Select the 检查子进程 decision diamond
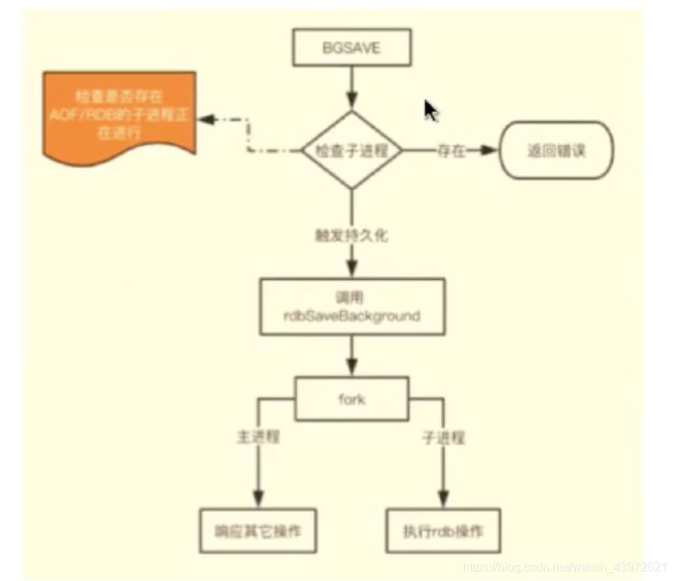352,151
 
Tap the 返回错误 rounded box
557,151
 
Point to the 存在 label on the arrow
451,151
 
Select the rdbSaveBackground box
352,306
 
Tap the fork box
352,399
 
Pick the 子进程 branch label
444,437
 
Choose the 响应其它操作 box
257,532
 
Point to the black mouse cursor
431,111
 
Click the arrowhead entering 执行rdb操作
443,499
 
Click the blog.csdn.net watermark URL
565,565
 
